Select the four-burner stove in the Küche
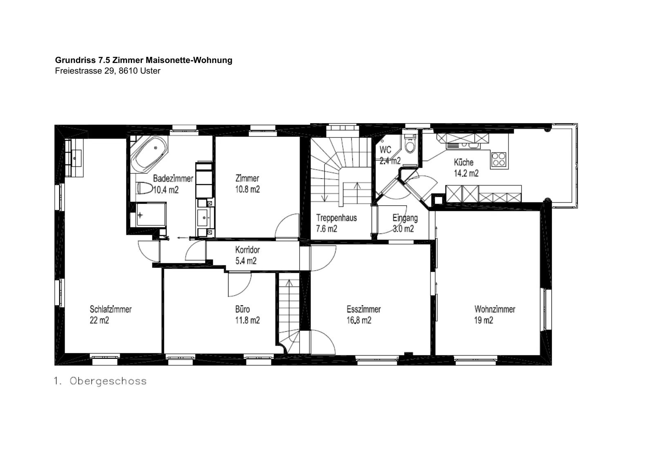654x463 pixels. click(499, 160)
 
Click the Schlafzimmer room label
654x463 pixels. click(111, 309)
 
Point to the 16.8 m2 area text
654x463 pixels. click(359, 320)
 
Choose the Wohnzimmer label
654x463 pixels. click(495, 309)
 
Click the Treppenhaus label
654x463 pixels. click(336, 218)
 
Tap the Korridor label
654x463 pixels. click(247, 250)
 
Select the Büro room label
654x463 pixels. click(242, 309)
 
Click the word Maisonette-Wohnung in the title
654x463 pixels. click(189, 60)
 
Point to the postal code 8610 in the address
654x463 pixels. click(128, 71)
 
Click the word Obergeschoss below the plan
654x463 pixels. click(108, 381)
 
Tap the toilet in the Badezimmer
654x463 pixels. click(145, 188)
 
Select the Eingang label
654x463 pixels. click(405, 218)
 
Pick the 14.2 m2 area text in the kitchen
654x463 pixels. click(466, 173)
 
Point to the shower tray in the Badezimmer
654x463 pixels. click(151, 214)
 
